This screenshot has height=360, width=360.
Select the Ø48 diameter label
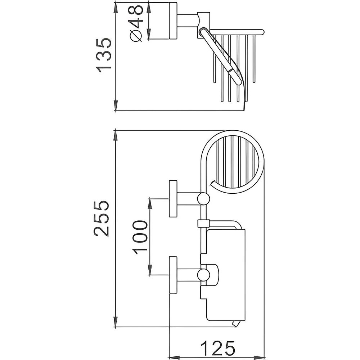pos(136,24)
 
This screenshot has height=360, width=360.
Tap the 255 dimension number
pos(101,219)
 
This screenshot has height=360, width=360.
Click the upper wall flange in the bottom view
pos(174,199)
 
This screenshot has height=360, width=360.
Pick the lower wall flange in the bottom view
pos(174,275)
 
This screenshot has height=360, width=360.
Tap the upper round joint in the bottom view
pos(203,199)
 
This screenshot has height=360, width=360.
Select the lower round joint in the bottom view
pos(203,275)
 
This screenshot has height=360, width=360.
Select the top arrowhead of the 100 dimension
pos(150,203)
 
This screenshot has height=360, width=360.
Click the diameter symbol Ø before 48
pos(136,36)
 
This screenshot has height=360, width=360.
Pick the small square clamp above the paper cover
pos(203,223)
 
